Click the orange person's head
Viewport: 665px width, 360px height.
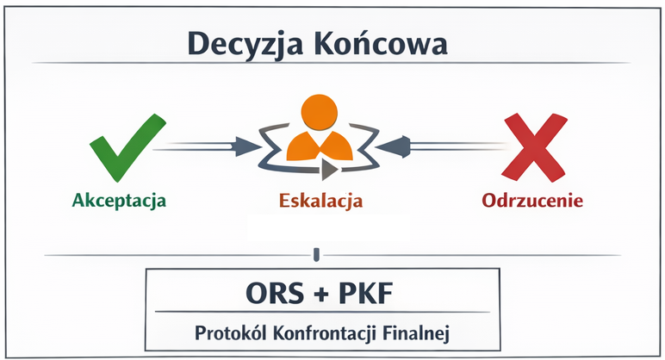pyautogui.click(x=319, y=113)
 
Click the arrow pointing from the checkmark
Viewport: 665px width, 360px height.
pyautogui.click(x=202, y=146)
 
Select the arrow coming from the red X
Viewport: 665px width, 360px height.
pyautogui.click(x=439, y=146)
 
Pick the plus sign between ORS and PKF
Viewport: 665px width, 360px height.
pyautogui.click(x=320, y=295)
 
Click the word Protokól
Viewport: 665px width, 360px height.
pyautogui.click(x=227, y=331)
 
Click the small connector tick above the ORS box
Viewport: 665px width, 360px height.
pyautogui.click(x=318, y=254)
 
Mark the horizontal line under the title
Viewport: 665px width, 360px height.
pyautogui.click(x=331, y=64)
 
